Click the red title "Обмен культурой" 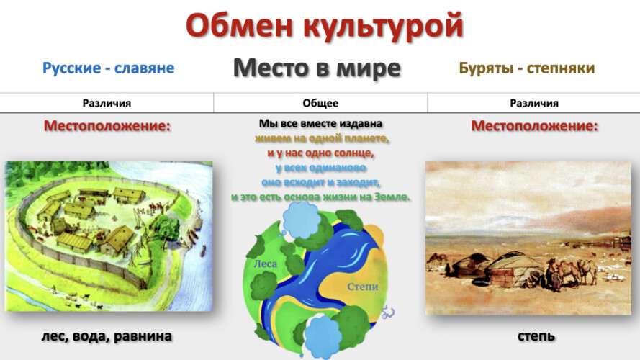[325, 26]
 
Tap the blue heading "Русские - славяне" [108, 68]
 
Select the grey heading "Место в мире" [317, 68]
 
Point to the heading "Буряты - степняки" [526, 68]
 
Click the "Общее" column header [320, 103]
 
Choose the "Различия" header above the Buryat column [534, 103]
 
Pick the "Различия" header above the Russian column [107, 103]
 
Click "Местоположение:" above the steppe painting [534, 126]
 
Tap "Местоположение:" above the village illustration [107, 126]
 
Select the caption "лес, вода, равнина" [107, 336]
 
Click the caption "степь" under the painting [536, 336]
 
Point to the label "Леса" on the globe [266, 264]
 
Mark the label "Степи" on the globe [363, 287]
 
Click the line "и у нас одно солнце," [320, 153]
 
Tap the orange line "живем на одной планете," [322, 138]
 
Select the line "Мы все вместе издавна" [320, 123]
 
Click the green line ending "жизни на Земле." [320, 197]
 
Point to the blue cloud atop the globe [301, 220]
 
